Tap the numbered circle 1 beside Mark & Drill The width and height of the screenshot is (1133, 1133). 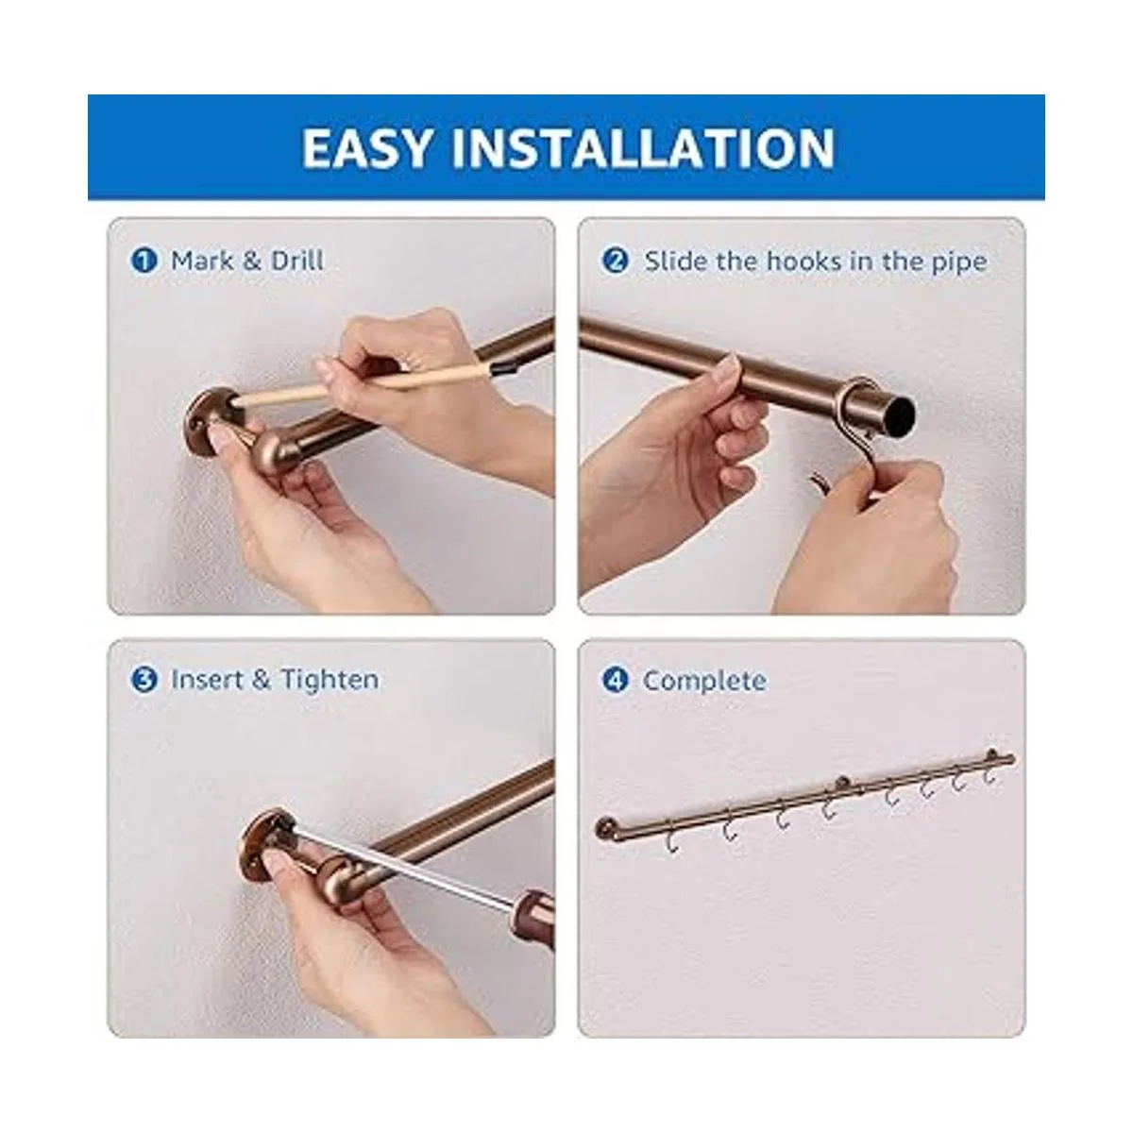click(x=144, y=261)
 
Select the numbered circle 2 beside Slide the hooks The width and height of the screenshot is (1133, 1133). click(x=616, y=261)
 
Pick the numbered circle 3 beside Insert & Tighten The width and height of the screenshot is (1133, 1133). click(x=144, y=680)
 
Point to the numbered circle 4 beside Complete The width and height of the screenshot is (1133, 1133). click(x=616, y=680)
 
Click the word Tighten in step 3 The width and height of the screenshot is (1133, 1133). click(x=330, y=680)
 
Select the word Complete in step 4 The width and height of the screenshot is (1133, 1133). click(x=705, y=681)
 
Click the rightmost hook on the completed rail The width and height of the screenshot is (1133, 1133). click(x=990, y=772)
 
